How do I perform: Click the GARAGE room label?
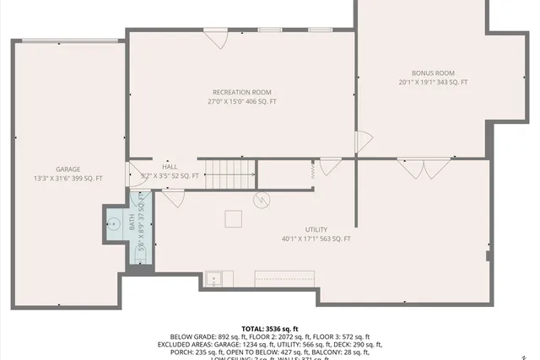pyautogui.click(x=68, y=169)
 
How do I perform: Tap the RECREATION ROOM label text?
pyautogui.click(x=241, y=92)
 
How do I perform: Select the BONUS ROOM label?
pyautogui.click(x=433, y=73)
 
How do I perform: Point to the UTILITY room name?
pyautogui.click(x=316, y=229)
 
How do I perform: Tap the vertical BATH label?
pyautogui.click(x=132, y=223)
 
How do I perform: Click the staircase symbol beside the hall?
pyautogui.click(x=229, y=173)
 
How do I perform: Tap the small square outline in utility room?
pyautogui.click(x=233, y=218)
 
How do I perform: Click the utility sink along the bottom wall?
pyautogui.click(x=216, y=277)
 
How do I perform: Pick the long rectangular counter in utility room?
pyautogui.click(x=284, y=277)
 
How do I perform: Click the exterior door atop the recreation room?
pyautogui.click(x=217, y=39)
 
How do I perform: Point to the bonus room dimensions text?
pyautogui.click(x=433, y=83)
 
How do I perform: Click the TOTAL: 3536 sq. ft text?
pyautogui.click(x=270, y=329)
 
